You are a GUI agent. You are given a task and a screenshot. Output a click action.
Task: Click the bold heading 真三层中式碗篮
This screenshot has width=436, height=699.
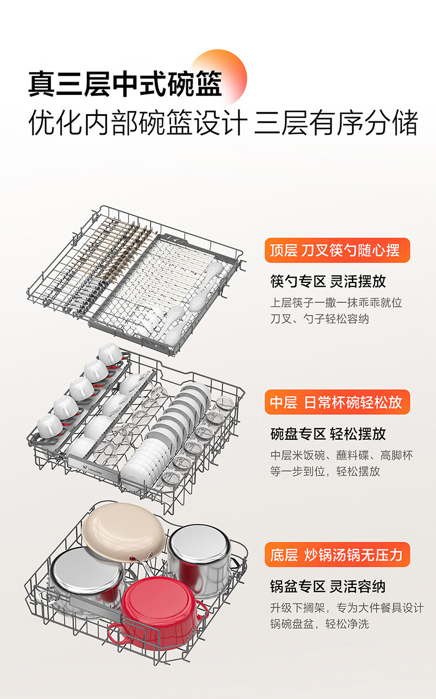125,83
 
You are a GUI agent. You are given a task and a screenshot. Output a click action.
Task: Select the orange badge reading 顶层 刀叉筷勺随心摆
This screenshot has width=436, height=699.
337,250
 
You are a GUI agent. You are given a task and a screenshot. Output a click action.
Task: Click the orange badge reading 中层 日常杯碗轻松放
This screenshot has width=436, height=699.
337,402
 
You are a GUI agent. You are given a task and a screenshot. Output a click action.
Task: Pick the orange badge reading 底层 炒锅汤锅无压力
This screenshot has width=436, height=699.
337,554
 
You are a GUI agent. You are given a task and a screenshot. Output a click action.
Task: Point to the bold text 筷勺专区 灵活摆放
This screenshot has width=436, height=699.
328,281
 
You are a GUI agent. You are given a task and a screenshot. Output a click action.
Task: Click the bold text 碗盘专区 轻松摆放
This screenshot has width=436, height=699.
328,434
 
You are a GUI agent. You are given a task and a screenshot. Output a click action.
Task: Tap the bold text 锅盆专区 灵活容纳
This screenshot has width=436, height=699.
328,586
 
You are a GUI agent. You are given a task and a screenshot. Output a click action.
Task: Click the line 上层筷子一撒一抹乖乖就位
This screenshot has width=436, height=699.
336,303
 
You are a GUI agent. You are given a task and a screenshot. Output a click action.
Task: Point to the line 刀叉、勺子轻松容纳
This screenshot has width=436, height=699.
320,319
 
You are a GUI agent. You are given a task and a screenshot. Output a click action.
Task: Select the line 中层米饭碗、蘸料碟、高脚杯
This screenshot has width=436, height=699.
341,455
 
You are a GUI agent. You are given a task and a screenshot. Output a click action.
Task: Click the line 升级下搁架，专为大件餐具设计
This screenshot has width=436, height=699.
347,608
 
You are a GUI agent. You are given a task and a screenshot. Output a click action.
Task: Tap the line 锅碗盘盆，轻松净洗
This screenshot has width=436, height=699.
320,624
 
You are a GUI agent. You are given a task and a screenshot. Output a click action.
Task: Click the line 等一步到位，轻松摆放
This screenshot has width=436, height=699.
325,471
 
